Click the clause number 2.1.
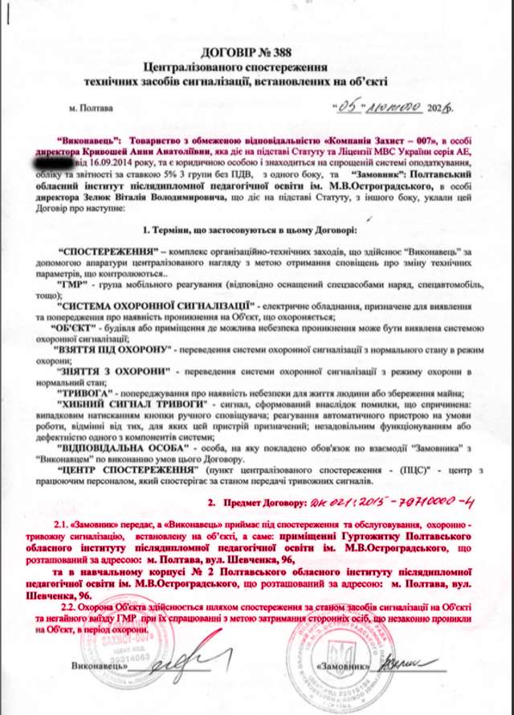point(62,521)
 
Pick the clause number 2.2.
point(62,609)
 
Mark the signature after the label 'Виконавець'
point(175,668)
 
